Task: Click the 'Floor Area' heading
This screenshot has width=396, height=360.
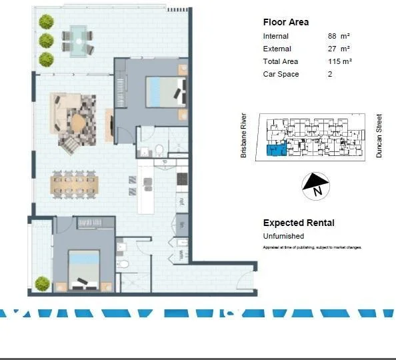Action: click(x=285, y=22)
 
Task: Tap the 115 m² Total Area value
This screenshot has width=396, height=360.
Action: click(x=339, y=61)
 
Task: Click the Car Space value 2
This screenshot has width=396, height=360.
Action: click(x=329, y=74)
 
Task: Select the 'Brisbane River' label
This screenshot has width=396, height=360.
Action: click(x=244, y=135)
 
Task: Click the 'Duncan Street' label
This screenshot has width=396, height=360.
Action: click(x=379, y=135)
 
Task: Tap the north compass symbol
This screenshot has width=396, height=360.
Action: click(x=316, y=186)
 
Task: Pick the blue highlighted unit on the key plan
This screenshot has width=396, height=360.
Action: click(x=276, y=150)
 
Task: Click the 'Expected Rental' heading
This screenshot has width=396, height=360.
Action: click(x=299, y=223)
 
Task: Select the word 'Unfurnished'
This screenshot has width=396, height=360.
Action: click(x=283, y=236)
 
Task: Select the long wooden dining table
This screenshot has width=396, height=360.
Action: click(x=74, y=183)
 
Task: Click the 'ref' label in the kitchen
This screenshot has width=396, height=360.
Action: click(x=181, y=201)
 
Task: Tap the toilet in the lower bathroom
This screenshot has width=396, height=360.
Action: click(x=122, y=265)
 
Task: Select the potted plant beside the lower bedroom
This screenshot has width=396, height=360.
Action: click(x=43, y=283)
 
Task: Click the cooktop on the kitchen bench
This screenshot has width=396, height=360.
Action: click(x=181, y=179)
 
